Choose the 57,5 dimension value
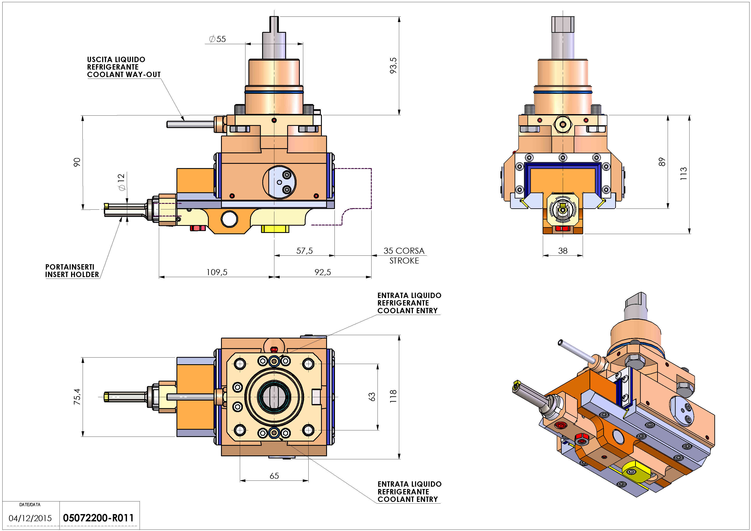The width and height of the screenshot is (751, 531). pyautogui.click(x=304, y=251)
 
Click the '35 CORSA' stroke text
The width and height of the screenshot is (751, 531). pyautogui.click(x=404, y=251)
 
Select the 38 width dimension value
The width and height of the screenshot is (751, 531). pyautogui.click(x=563, y=251)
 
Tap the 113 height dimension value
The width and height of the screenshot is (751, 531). pyautogui.click(x=684, y=174)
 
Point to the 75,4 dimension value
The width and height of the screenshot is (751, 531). pyautogui.click(x=77, y=397)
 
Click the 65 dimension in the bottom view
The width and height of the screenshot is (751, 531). pyautogui.click(x=274, y=476)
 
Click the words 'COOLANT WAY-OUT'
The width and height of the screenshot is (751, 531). pyautogui.click(x=124, y=75)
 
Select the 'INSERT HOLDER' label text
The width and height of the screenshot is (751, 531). pyautogui.click(x=72, y=275)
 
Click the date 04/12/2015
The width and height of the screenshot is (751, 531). pyautogui.click(x=30, y=518)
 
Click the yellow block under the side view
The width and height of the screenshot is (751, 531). pyautogui.click(x=275, y=228)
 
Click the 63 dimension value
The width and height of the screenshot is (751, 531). pyautogui.click(x=372, y=397)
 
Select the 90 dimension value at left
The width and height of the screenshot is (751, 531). pyautogui.click(x=77, y=162)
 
